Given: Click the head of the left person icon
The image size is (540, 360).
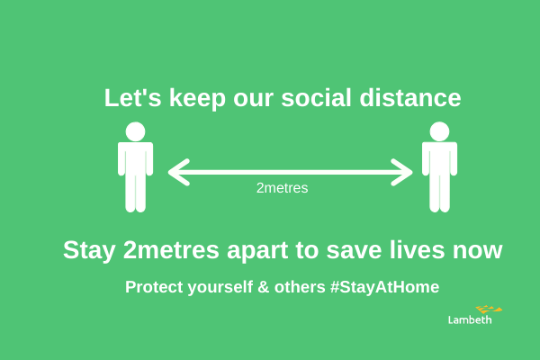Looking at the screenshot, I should [x=135, y=131].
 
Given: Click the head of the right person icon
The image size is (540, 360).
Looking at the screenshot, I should [x=439, y=131].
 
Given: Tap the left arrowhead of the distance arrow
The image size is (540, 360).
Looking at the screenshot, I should [x=176, y=171].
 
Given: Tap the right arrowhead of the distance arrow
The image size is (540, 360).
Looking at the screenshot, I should [x=404, y=171].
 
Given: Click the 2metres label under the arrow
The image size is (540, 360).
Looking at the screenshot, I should [x=283, y=188].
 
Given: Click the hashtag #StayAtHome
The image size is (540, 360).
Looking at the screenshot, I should [x=384, y=288].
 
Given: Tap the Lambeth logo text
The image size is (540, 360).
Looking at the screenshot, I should [x=470, y=319].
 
